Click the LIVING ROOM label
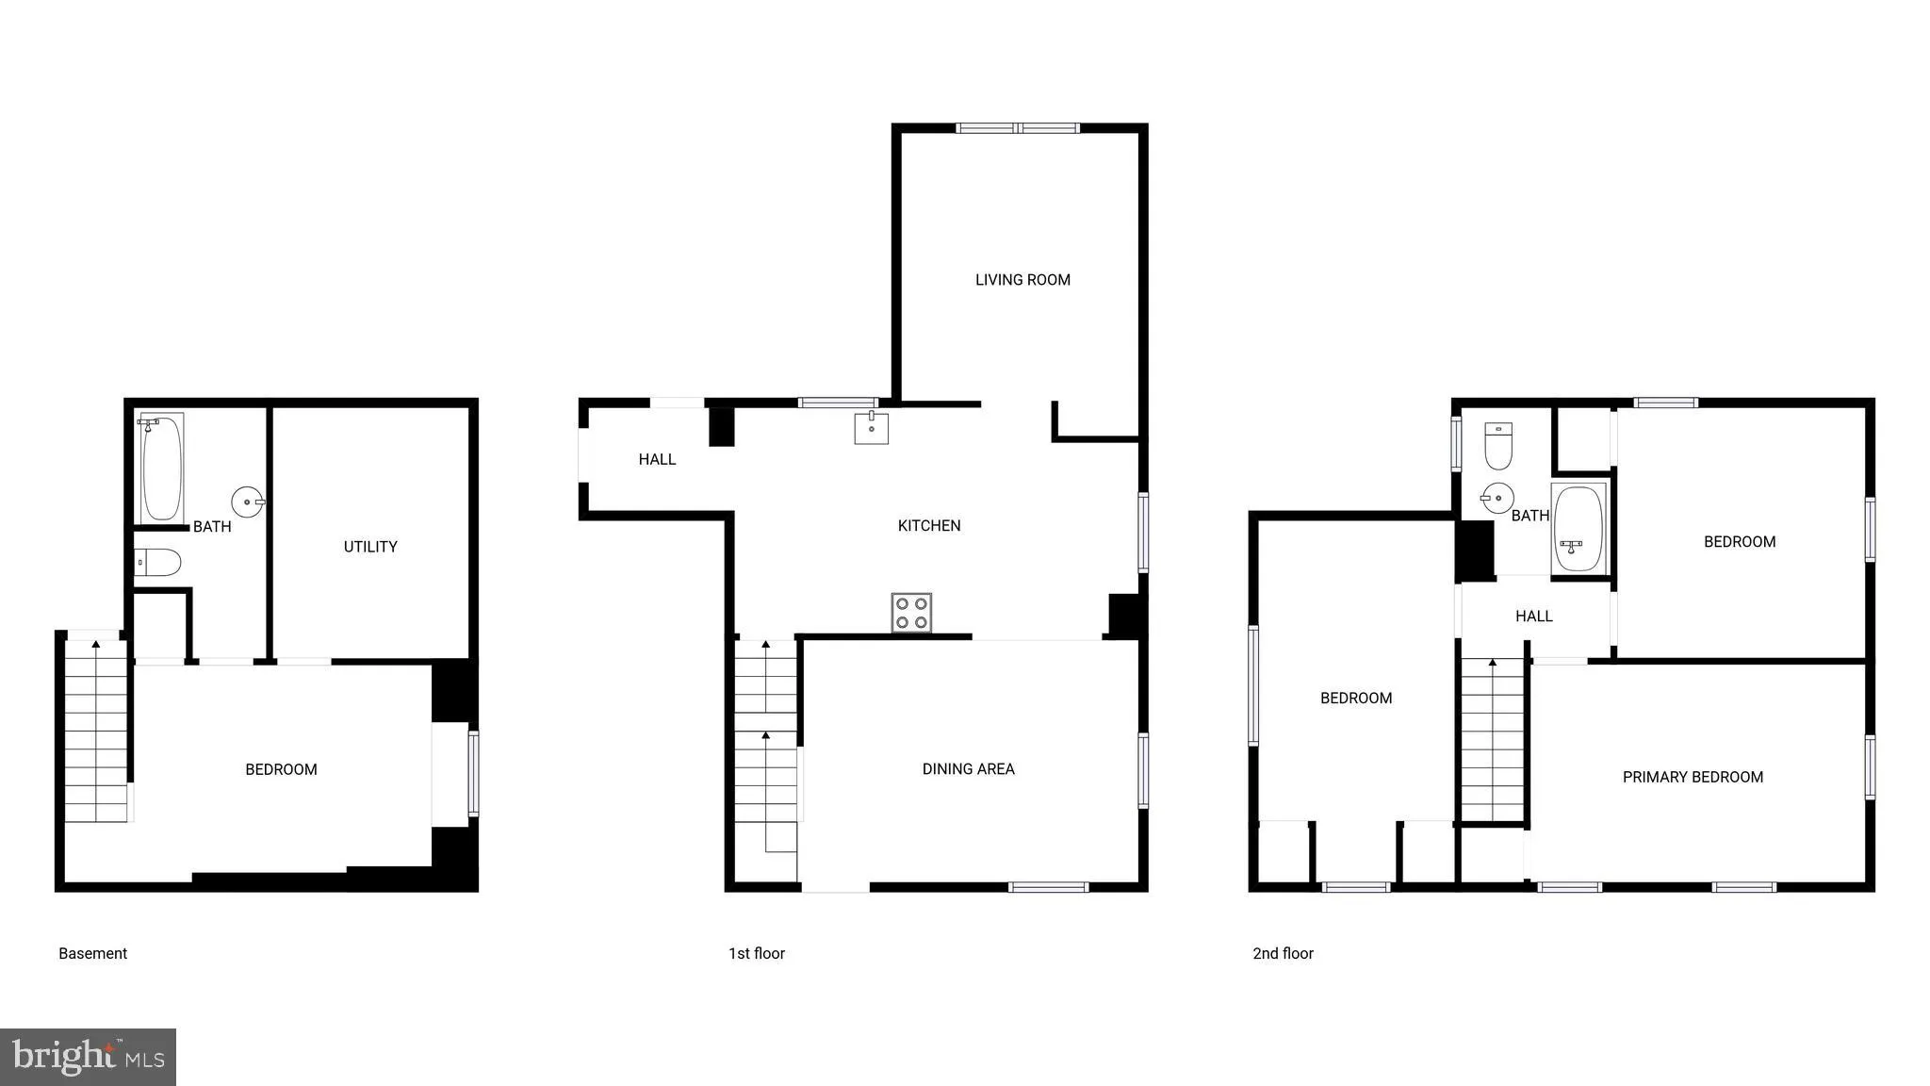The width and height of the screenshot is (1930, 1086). pyautogui.click(x=1022, y=280)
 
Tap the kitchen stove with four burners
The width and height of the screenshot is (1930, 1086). pyautogui.click(x=911, y=613)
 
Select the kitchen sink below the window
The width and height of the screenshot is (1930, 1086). pyautogui.click(x=871, y=427)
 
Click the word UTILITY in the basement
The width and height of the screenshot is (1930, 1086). pyautogui.click(x=370, y=547)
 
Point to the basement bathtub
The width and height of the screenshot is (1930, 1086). pyautogui.click(x=162, y=468)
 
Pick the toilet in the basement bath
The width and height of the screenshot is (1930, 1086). pyautogui.click(x=157, y=563)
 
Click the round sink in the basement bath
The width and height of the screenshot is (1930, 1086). pyautogui.click(x=248, y=502)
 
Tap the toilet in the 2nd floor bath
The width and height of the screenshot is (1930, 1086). pyautogui.click(x=1498, y=446)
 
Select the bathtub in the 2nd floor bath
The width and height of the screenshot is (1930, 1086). pyautogui.click(x=1578, y=529)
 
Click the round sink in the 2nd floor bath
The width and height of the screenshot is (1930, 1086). pyautogui.click(x=1497, y=498)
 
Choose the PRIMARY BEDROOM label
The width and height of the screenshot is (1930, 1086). pyautogui.click(x=1693, y=778)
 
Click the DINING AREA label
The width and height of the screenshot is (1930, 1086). pyautogui.click(x=968, y=769)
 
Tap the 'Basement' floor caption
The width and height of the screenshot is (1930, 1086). pyautogui.click(x=92, y=954)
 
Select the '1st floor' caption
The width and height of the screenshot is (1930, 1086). pyautogui.click(x=756, y=954)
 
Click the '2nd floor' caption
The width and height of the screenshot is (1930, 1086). pyautogui.click(x=1283, y=954)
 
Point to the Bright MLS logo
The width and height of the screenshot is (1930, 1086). pyautogui.click(x=88, y=1057)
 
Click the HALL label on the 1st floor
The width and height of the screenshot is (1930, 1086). pyautogui.click(x=657, y=460)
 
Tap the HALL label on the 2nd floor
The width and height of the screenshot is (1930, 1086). pyautogui.click(x=1533, y=617)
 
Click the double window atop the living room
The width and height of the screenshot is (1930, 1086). pyautogui.click(x=1018, y=128)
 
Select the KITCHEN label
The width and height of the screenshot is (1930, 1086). pyautogui.click(x=929, y=526)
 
